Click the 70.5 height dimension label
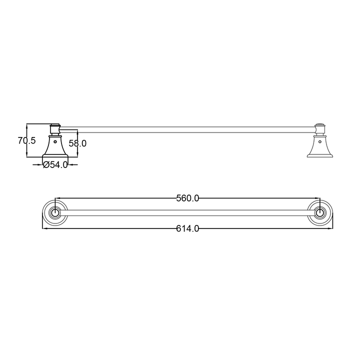[26, 141]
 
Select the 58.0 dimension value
[77, 143]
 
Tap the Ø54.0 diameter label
[55, 165]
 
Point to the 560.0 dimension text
[187, 198]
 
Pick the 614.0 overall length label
[187, 228]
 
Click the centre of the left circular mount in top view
[54, 213]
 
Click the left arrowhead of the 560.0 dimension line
[56, 198]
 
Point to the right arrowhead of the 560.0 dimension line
[318, 198]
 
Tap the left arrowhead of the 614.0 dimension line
[43, 228]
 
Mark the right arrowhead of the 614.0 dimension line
[331, 228]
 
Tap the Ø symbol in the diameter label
[45, 165]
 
